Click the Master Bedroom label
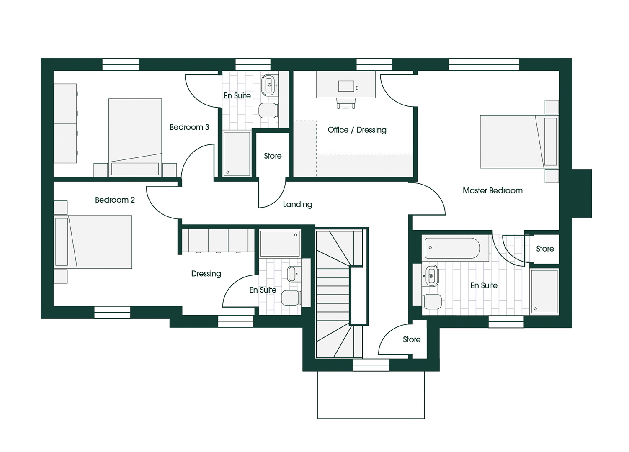point(492,190)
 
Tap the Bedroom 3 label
point(189,127)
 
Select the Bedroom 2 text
point(115,200)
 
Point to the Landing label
point(297,205)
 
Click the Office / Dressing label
point(357,130)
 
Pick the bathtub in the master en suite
point(452,248)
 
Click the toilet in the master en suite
point(432,301)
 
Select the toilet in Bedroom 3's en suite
point(268,110)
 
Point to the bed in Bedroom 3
point(135,137)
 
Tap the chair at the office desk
point(346,103)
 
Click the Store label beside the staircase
point(412,339)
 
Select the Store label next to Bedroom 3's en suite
point(273,156)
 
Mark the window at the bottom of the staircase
point(371,365)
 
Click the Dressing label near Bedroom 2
point(206,274)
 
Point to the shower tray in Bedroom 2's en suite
point(280,244)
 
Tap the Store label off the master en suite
point(545,249)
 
